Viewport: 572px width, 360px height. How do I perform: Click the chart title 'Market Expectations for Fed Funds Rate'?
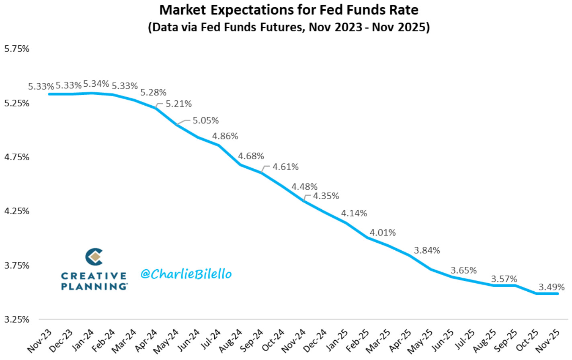coord(289,10)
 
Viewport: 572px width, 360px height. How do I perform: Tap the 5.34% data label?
coord(96,84)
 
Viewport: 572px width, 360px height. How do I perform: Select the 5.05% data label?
coord(205,121)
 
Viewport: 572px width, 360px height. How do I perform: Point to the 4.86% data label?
coord(225,136)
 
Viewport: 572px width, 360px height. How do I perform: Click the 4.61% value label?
coord(285,167)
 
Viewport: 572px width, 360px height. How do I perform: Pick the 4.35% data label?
coord(326,196)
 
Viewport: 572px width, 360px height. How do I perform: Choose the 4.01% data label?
coord(383,233)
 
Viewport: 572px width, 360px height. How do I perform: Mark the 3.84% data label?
coord(427,250)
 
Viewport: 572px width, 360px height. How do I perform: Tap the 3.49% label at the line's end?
coord(551,287)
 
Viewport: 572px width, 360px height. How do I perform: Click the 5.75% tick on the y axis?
coord(17,49)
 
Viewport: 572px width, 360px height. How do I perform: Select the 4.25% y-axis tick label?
coord(17,211)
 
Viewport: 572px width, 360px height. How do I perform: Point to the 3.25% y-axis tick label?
coord(17,320)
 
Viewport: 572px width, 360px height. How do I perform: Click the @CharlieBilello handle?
coord(186,274)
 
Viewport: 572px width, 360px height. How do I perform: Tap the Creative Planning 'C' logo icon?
coord(94,257)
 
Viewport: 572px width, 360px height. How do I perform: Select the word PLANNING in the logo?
coord(94,286)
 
